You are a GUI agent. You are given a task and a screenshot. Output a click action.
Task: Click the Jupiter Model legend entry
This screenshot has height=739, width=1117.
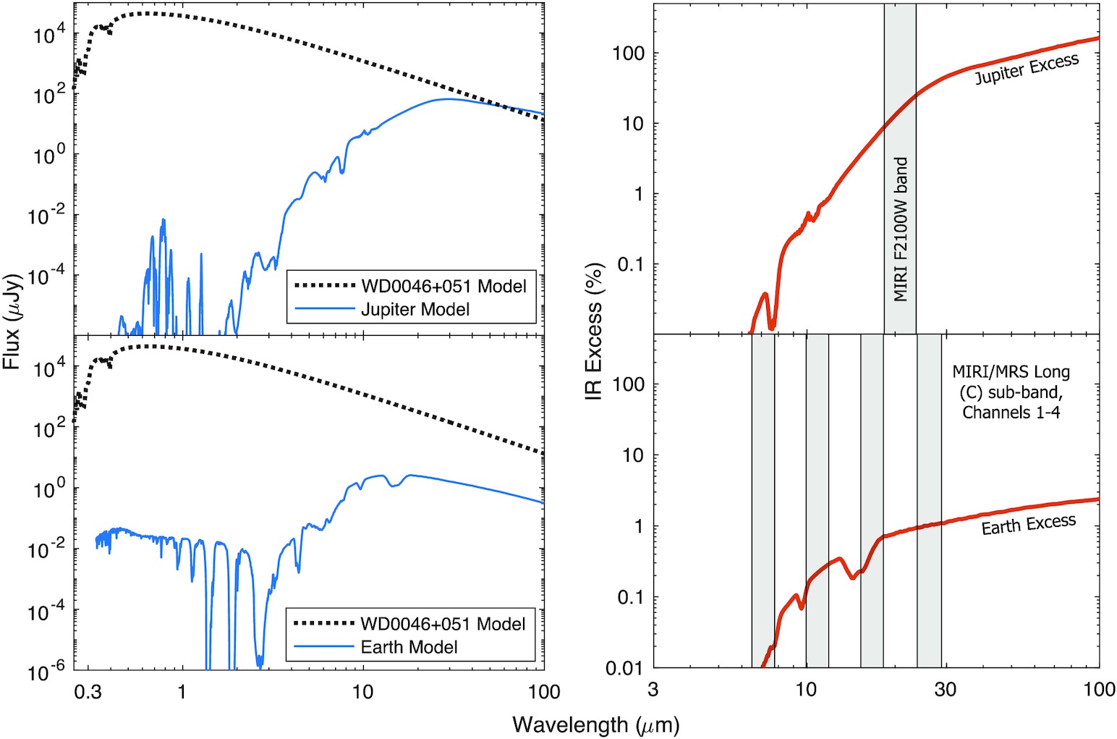pyautogui.click(x=415, y=310)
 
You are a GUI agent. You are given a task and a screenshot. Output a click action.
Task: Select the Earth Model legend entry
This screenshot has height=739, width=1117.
pyautogui.click(x=409, y=647)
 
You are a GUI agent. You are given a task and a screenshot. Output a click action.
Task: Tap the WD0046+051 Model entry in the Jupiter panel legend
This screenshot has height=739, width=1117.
pyautogui.click(x=443, y=286)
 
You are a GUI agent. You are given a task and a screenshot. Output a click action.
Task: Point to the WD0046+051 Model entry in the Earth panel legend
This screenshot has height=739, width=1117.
pyautogui.click(x=443, y=624)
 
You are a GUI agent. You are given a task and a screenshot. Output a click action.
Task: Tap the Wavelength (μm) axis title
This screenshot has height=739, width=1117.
pyautogui.click(x=595, y=724)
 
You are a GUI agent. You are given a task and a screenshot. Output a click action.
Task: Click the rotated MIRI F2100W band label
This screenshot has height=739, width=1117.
pyautogui.click(x=901, y=229)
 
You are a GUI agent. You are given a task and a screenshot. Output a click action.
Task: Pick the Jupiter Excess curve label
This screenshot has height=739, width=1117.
pyautogui.click(x=1027, y=69)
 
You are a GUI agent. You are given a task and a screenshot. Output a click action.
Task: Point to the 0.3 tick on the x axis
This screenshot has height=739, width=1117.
pyautogui.click(x=88, y=692)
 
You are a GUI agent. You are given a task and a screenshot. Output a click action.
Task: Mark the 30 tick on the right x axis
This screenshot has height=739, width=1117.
pyautogui.click(x=945, y=689)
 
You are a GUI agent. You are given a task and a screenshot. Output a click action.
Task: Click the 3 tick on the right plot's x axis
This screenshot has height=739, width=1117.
pyautogui.click(x=653, y=689)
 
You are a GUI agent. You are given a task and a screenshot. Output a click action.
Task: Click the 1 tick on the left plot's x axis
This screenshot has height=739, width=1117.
pyautogui.click(x=182, y=692)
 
